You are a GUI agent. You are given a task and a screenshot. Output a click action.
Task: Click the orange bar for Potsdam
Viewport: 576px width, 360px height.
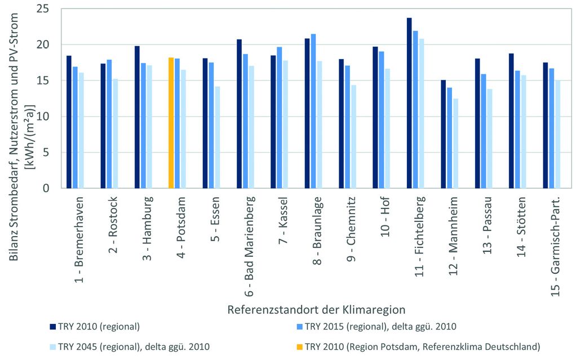(x=171, y=123)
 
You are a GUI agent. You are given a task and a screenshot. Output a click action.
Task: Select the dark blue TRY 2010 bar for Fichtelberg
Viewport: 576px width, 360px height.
(x=409, y=103)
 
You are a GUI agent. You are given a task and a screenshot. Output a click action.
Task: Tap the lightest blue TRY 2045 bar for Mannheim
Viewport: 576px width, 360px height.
(x=456, y=143)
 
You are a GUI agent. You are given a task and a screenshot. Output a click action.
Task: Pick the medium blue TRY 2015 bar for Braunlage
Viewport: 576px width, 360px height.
(x=313, y=111)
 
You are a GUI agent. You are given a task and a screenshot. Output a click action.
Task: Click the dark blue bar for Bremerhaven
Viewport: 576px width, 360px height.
(x=69, y=122)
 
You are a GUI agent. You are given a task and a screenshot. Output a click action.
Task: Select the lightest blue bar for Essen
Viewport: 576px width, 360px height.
(x=218, y=137)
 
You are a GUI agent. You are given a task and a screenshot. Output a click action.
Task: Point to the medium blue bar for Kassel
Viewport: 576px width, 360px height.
(x=279, y=118)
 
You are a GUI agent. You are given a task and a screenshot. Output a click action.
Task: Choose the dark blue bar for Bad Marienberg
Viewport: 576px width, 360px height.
(x=239, y=113)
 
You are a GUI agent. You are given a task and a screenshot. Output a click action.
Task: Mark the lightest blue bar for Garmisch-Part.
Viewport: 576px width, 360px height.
(x=558, y=134)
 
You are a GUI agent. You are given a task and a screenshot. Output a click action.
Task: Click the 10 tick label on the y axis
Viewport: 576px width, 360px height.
(x=43, y=117)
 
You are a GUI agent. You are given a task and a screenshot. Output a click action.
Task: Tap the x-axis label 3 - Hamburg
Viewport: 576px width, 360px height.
(x=147, y=229)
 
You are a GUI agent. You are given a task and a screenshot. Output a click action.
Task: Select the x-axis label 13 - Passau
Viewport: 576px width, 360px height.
(x=487, y=225)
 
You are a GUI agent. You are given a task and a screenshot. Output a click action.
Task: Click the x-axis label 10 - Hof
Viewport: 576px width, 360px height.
(x=385, y=217)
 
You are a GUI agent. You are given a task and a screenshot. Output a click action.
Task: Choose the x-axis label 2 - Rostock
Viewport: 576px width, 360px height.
(x=113, y=225)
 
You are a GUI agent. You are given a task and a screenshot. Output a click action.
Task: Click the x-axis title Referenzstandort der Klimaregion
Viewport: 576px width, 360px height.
(x=316, y=310)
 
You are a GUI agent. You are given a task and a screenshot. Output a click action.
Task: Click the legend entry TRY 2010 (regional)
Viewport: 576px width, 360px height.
(x=95, y=327)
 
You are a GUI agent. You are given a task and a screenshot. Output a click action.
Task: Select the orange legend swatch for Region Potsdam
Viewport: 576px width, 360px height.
(x=300, y=346)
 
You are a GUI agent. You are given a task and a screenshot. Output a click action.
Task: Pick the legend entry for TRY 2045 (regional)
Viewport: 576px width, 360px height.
(x=130, y=346)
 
